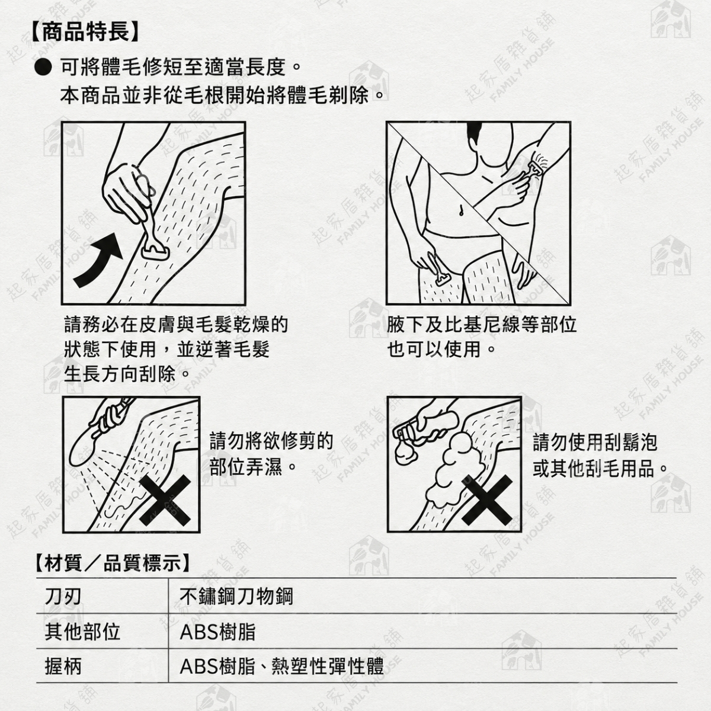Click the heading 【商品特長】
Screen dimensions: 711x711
[85, 32]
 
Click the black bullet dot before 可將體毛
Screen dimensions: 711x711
[43, 68]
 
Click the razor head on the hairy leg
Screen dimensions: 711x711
[156, 252]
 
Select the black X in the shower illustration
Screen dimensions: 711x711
[165, 500]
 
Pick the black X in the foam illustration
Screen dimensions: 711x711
[487, 500]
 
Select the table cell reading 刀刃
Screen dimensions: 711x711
[63, 597]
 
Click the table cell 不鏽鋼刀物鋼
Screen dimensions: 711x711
[236, 597]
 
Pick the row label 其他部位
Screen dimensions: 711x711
[82, 632]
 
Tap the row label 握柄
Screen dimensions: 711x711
[63, 667]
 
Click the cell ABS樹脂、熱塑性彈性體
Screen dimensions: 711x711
[281, 667]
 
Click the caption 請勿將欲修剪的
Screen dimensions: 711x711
[271, 441]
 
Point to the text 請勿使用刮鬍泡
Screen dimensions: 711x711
[595, 443]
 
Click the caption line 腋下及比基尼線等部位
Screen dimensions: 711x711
[482, 325]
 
